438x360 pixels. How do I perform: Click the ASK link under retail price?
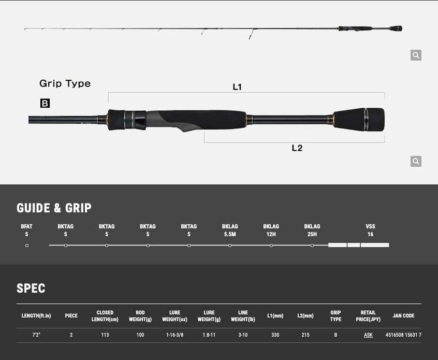tap(368, 335)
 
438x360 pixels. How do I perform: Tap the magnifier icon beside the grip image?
tap(416, 161)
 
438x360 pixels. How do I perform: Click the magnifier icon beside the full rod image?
tap(416, 55)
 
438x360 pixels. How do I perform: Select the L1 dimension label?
tap(237, 87)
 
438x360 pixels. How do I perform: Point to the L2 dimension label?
tap(297, 148)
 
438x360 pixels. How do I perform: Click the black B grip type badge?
tap(45, 103)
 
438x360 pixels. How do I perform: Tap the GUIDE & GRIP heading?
tap(54, 208)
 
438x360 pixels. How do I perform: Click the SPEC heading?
tap(31, 288)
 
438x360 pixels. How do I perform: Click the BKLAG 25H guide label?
tap(312, 230)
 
